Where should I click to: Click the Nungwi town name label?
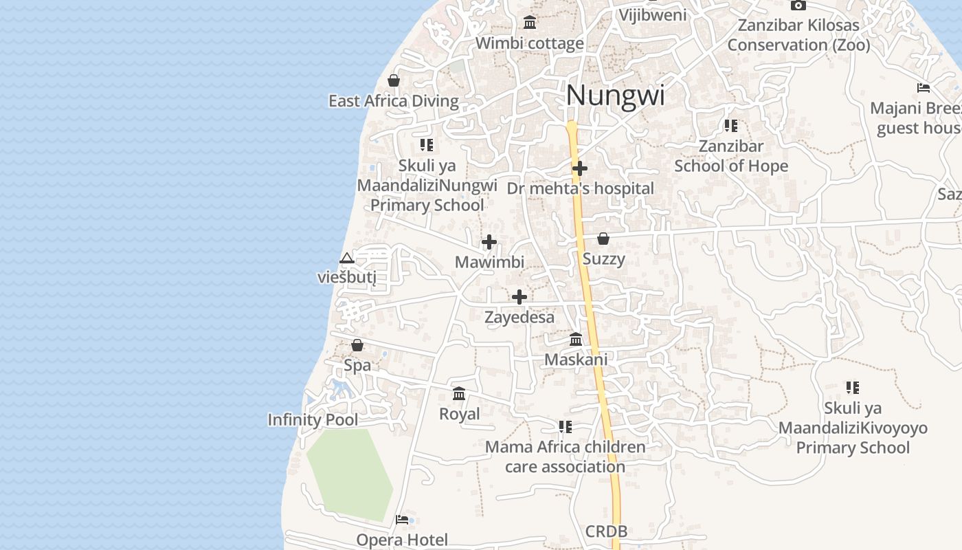tap(615, 95)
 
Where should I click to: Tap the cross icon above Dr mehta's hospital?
tap(580, 168)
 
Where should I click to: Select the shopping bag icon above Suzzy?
tap(603, 239)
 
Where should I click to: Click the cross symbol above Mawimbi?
tap(489, 242)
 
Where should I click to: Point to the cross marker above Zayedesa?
tap(519, 297)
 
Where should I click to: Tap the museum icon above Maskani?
tap(576, 340)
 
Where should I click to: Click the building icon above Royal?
tap(459, 394)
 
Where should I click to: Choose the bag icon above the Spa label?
tap(357, 345)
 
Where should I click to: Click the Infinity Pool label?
tap(313, 419)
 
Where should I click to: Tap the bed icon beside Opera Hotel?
tap(402, 520)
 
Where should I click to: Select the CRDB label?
tap(606, 531)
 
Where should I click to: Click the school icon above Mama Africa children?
tap(565, 427)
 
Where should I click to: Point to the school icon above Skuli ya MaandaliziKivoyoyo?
tap(852, 388)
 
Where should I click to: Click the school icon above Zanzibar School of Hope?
tap(730, 126)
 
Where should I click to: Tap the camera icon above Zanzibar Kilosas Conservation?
tap(798, 5)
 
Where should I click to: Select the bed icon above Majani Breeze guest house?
tap(924, 88)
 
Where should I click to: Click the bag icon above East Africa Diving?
tap(394, 80)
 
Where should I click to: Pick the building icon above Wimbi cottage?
tap(530, 23)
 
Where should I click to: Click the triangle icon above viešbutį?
tap(347, 258)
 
